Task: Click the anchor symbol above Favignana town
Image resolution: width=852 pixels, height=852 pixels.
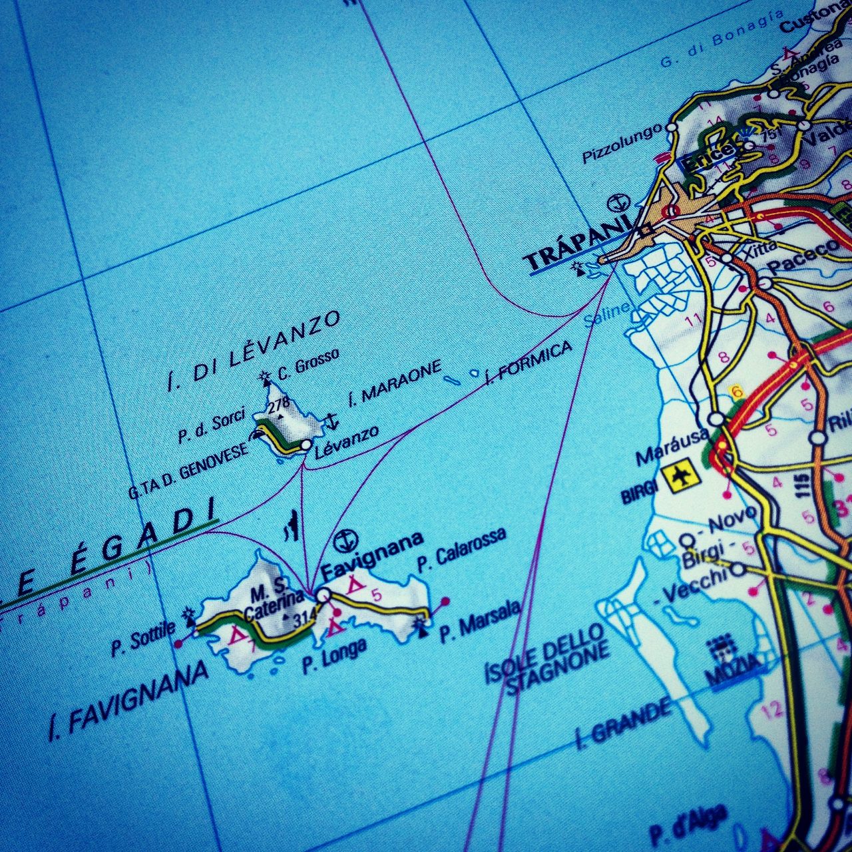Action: point(345,540)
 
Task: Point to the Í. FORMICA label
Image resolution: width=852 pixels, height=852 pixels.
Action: point(529,363)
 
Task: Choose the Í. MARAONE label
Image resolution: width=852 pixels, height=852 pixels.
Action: point(395,383)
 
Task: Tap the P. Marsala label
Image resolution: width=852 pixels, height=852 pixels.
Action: point(480,621)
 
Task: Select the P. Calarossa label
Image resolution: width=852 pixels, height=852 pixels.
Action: point(461,549)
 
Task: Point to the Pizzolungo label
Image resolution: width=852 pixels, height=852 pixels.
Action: point(622,142)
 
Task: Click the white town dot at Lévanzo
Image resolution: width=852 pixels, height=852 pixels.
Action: point(306,444)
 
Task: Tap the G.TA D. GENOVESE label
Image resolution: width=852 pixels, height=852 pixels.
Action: point(188,471)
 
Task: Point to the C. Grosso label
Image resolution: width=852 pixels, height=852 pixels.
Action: point(308,363)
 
